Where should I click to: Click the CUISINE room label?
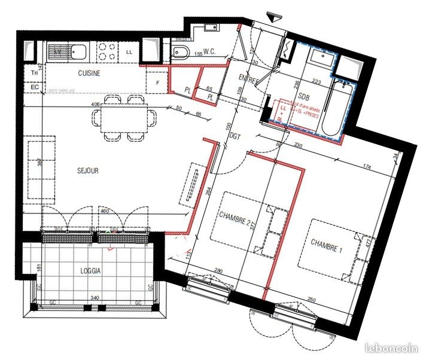click(x=89, y=73)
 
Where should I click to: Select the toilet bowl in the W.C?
click(x=181, y=53)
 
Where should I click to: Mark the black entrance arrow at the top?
click(x=275, y=19)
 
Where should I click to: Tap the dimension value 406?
click(x=95, y=104)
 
